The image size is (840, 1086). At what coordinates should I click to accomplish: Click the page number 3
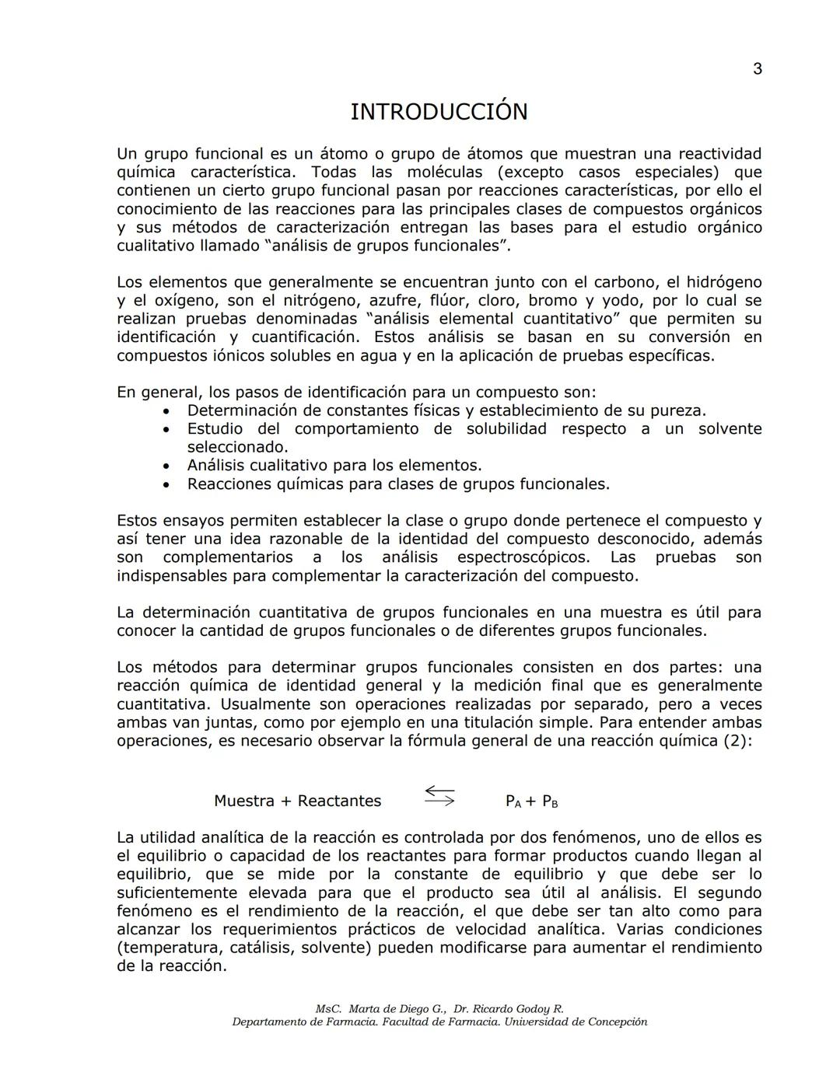tap(757, 69)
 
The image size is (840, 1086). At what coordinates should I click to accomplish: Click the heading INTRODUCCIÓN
tap(439, 112)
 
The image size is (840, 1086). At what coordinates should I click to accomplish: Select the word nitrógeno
tap(320, 301)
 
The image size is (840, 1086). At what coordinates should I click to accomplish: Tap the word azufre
tap(396, 301)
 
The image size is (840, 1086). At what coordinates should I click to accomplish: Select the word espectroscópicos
tap(524, 557)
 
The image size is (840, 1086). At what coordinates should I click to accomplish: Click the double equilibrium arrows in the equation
tap(439, 796)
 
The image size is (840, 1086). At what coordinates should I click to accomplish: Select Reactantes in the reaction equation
tap(339, 801)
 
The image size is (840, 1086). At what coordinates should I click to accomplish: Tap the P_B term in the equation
tap(550, 801)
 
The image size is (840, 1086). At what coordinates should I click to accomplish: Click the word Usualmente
tap(264, 704)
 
